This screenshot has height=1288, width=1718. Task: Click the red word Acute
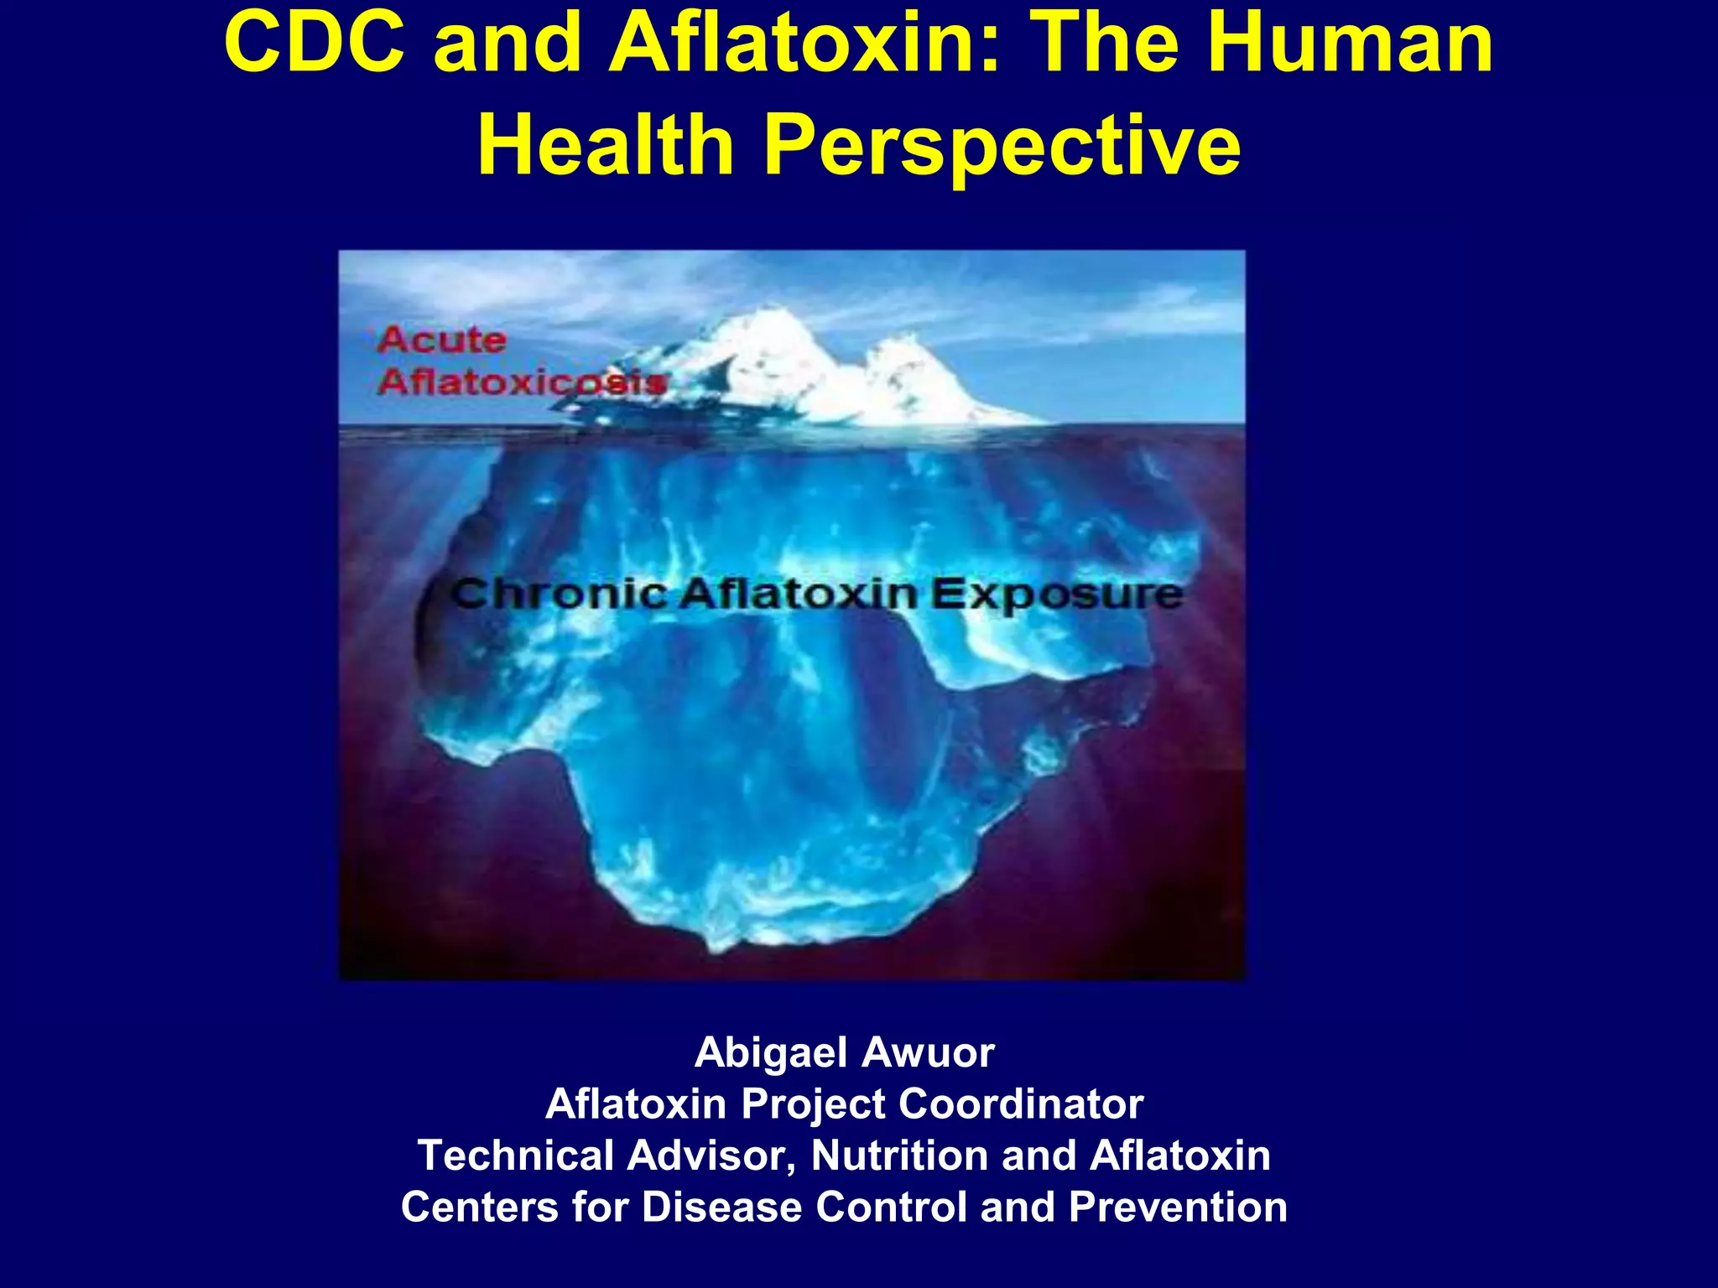(x=441, y=340)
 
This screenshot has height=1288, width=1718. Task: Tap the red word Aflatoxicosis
(x=522, y=382)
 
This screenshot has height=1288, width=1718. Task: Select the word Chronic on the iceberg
(x=558, y=595)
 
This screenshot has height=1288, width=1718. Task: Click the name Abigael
(x=771, y=1052)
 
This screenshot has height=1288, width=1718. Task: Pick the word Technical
(x=514, y=1155)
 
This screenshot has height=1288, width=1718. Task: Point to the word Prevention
(x=1178, y=1207)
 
